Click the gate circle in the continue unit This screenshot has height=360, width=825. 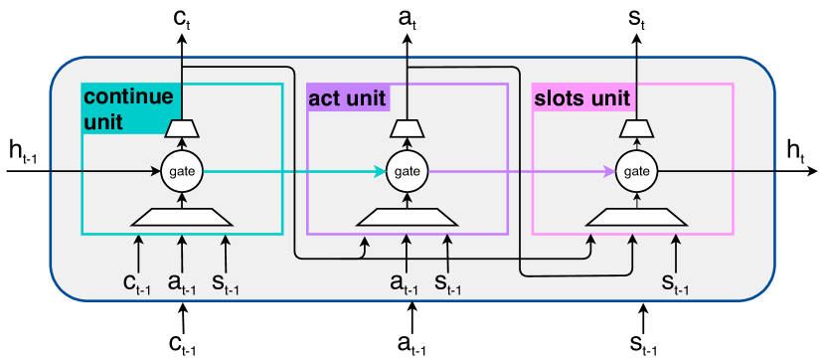[182, 172]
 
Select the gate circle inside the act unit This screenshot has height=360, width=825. [407, 172]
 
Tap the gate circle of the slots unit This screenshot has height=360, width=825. [635, 172]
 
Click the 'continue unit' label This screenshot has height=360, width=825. [129, 107]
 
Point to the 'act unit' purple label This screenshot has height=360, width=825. [347, 97]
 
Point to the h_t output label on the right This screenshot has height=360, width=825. [795, 151]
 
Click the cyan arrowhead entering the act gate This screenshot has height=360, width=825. [381, 172]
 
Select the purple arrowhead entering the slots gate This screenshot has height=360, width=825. [608, 172]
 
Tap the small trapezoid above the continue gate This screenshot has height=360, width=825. [182, 127]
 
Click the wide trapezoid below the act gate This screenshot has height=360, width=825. [407, 217]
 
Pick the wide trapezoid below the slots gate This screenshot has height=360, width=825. [635, 217]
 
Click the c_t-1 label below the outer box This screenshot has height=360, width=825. [182, 344]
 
